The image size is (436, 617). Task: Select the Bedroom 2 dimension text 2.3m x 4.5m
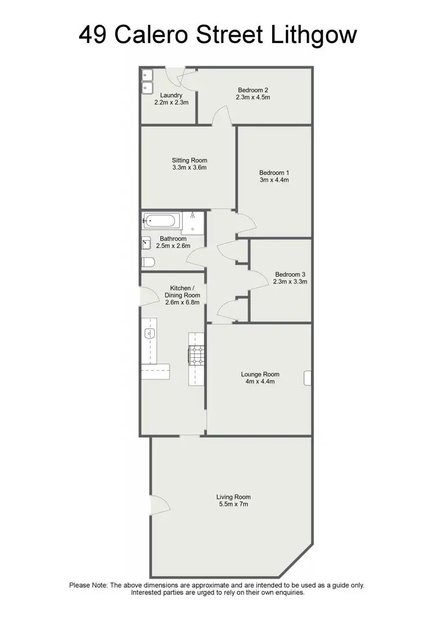[253, 98]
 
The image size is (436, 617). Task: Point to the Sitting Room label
[189, 160]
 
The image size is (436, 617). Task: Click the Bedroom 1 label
[274, 173]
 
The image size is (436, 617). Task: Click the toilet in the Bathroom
[148, 263]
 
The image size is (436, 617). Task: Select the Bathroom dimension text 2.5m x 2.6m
[173, 246]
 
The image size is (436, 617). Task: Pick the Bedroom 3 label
[290, 274]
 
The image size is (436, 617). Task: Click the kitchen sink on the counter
[149, 333]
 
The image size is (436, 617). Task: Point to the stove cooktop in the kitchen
[195, 354]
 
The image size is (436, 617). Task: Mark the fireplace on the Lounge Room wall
[308, 378]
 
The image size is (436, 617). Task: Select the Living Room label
[233, 497]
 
